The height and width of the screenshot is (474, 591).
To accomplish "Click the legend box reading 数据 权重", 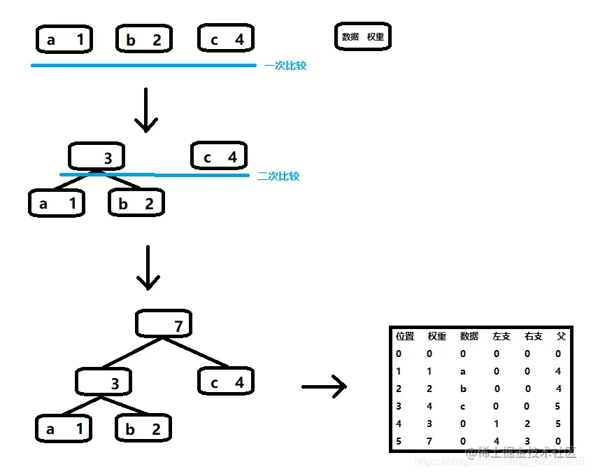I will click(x=363, y=37).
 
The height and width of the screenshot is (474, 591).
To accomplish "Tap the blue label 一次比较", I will click(x=285, y=66).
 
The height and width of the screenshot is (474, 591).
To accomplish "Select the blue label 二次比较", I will click(x=278, y=176).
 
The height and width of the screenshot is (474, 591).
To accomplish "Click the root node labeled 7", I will click(x=164, y=324).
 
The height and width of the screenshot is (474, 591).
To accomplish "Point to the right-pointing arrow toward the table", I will click(x=325, y=386).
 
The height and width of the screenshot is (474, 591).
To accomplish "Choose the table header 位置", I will click(x=405, y=337).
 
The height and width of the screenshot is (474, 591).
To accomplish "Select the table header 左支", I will click(x=501, y=337).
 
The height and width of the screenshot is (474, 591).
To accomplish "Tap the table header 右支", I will click(x=533, y=337).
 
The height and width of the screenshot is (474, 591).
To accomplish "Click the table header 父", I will click(x=560, y=337).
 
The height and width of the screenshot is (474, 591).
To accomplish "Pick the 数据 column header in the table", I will click(x=469, y=337).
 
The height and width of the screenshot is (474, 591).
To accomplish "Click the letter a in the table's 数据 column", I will click(x=463, y=371).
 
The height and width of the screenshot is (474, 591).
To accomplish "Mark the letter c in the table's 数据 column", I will click(x=463, y=406).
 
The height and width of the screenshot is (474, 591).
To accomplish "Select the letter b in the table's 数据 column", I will click(x=463, y=389).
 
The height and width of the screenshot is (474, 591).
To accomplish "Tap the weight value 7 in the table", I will click(x=431, y=441).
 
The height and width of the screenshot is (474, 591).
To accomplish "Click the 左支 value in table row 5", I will click(x=496, y=441).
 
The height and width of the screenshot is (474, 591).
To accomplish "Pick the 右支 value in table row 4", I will click(x=528, y=424).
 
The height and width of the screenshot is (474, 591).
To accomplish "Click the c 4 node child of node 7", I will click(x=225, y=382).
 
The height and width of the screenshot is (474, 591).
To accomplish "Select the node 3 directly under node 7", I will click(x=104, y=382).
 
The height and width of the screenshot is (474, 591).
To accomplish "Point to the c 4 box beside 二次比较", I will click(x=219, y=157).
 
